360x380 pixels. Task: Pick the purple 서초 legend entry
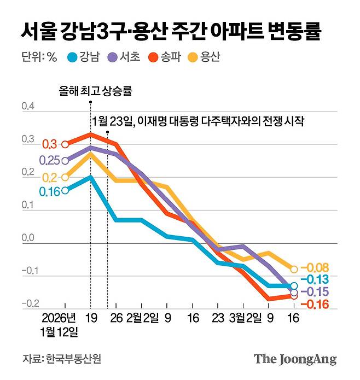124,57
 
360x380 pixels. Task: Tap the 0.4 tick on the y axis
28,106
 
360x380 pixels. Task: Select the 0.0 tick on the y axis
28,238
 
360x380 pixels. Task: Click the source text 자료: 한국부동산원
62,359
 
